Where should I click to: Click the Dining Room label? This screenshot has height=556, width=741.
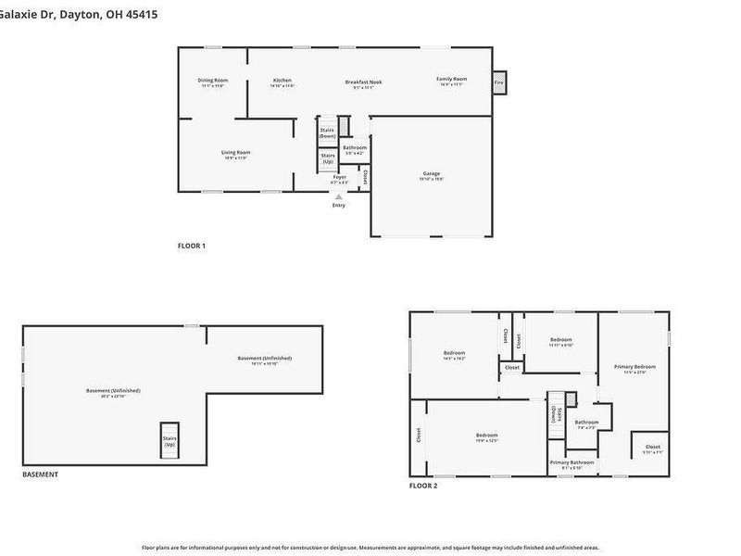[212, 81]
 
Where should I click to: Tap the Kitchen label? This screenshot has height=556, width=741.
[282, 81]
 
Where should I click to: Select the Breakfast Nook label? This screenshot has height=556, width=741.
[363, 82]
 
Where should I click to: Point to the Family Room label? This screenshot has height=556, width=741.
[451, 80]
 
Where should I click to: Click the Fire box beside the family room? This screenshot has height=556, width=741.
[498, 82]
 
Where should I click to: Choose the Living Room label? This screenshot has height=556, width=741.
[235, 153]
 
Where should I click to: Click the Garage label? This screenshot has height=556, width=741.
[431, 173]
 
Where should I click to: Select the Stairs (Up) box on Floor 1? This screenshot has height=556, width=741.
[327, 158]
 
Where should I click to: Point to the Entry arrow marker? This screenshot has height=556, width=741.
[338, 196]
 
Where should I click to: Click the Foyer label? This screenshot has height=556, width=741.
[339, 176]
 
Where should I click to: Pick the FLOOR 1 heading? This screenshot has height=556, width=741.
[191, 246]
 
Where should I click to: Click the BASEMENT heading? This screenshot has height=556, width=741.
[40, 474]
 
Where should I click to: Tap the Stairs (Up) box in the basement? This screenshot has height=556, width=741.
[170, 442]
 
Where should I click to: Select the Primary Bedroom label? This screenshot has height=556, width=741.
[634, 367]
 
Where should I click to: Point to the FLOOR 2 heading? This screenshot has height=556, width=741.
[423, 486]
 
